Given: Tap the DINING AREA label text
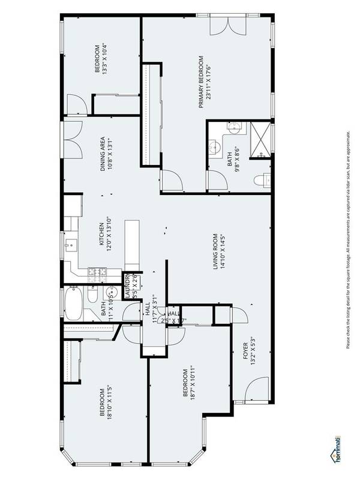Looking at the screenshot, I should [107, 152].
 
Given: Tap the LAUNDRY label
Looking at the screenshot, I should [130, 286].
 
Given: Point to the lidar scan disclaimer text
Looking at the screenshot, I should [349, 240].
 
